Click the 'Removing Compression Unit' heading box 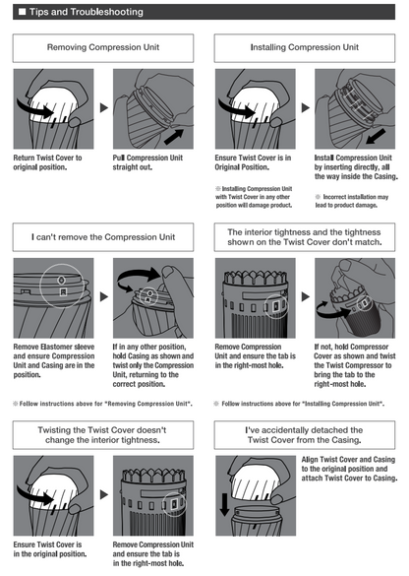pos(103,48)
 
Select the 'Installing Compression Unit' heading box pos(305,48)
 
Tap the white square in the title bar pos(22,12)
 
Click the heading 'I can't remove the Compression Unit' pos(103,237)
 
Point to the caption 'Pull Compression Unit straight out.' pos(147,162)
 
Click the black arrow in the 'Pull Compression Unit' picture pos(173,136)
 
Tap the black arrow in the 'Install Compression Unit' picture pos(376,136)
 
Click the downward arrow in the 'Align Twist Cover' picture pos(224,504)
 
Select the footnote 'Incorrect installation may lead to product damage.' pos(351,201)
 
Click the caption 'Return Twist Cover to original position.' pos(48,162)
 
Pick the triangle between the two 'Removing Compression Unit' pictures pos(104,107)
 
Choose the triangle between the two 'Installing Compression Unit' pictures pos(306,107)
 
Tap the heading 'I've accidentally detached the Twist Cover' pos(305,435)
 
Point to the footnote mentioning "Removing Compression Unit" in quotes pos(102,404)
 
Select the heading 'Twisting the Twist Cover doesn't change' pos(103,435)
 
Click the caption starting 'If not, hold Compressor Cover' pos(355,365)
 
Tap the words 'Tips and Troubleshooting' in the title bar pos(87,12)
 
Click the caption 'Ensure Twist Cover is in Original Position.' pos(253,162)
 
